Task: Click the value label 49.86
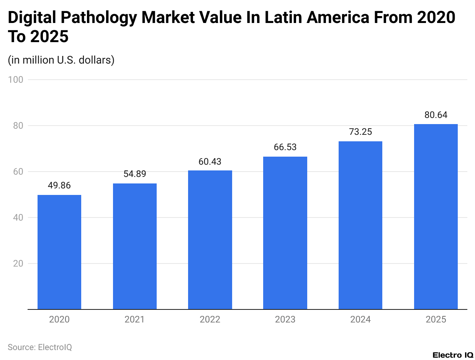tap(59, 186)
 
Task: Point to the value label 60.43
tap(210, 162)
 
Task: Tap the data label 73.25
tap(360, 132)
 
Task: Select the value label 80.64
tap(436, 115)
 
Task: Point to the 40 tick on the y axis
tap(18, 218)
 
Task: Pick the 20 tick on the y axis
tap(18, 263)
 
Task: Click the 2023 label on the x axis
tap(285, 319)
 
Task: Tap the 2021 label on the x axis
tap(134, 319)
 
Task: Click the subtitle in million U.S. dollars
tap(61, 60)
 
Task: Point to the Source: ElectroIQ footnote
tap(40, 347)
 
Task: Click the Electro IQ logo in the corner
tap(453, 355)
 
